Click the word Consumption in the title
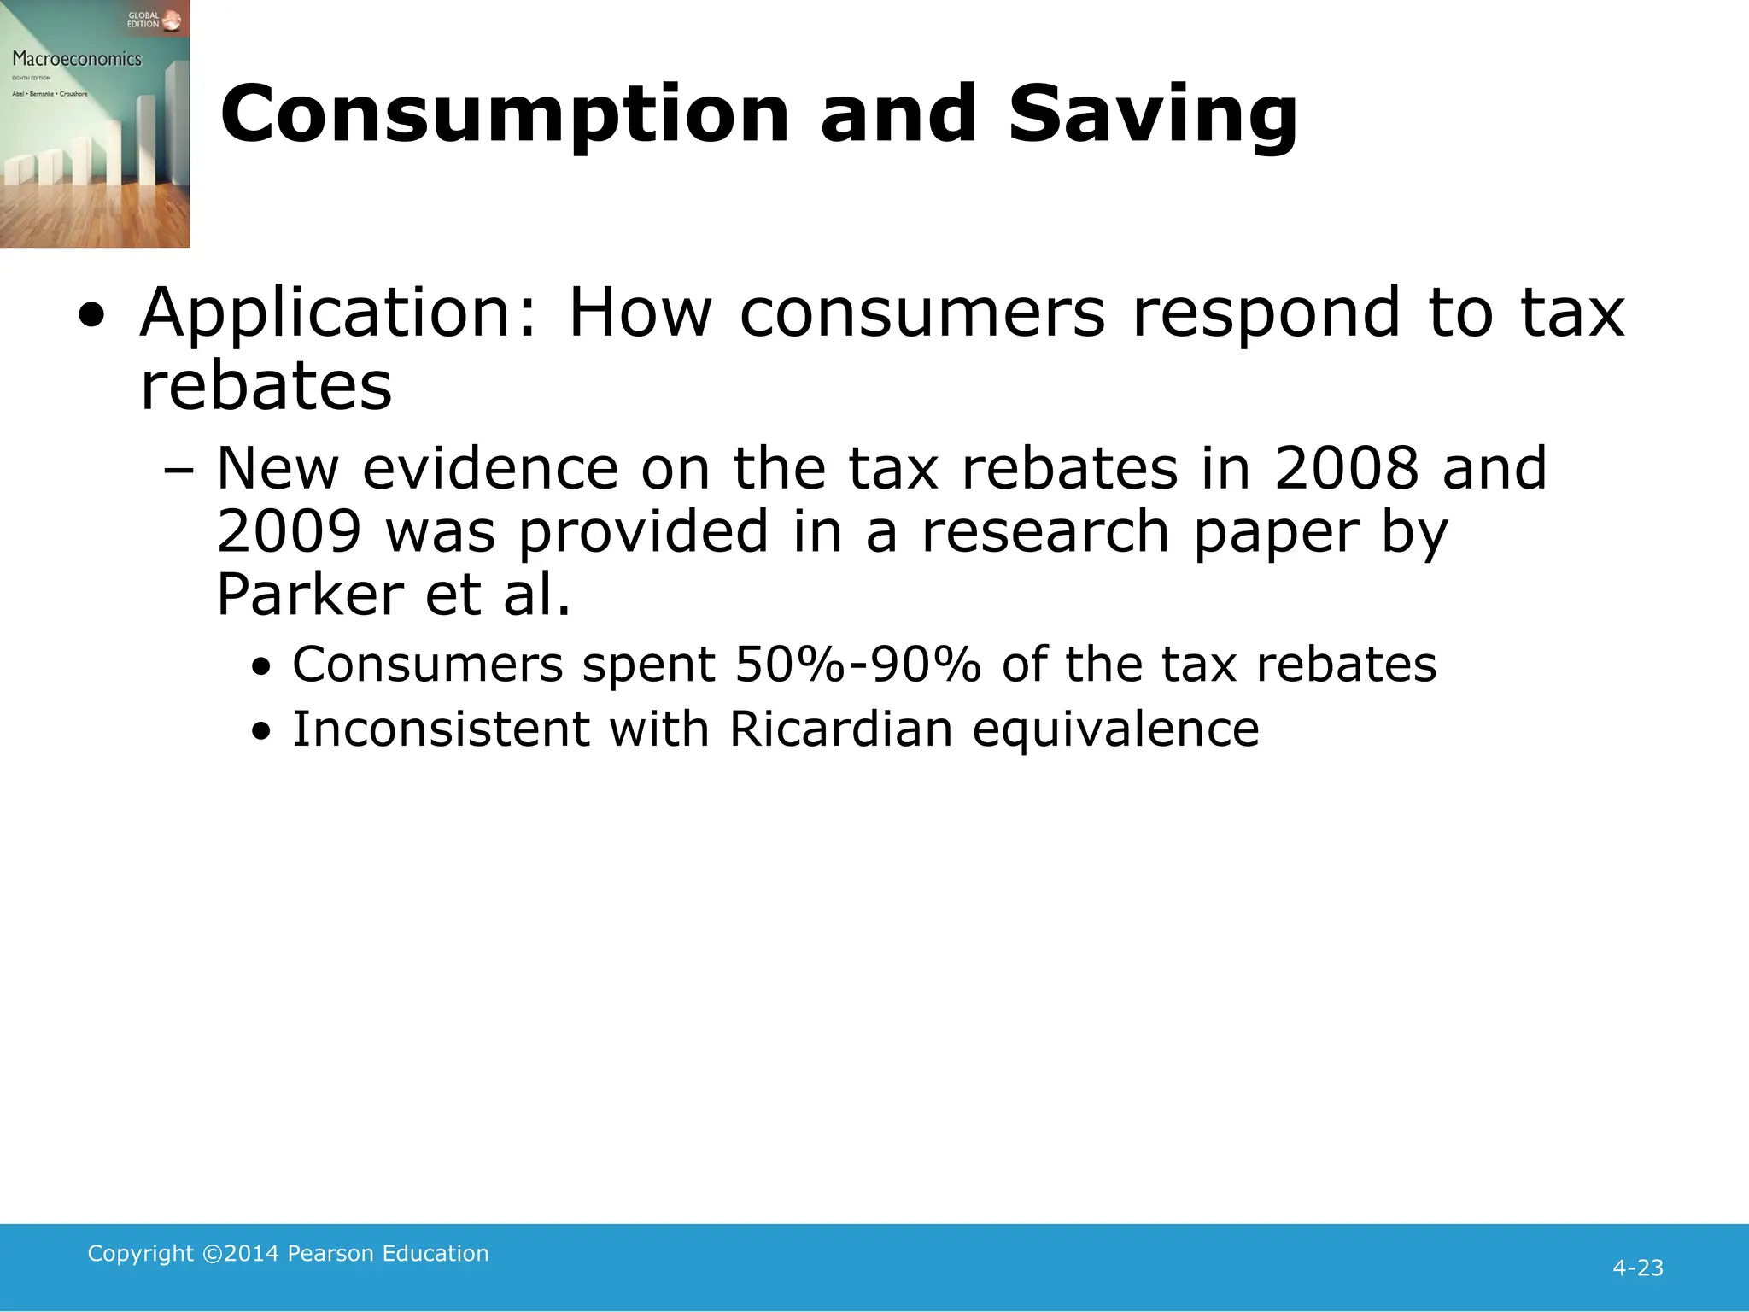(505, 116)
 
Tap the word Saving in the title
(1152, 116)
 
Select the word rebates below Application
(266, 386)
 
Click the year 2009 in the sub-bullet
(290, 531)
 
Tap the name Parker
(309, 594)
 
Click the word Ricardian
(840, 729)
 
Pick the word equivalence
(1115, 731)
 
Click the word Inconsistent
(441, 729)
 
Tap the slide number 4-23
(1637, 1268)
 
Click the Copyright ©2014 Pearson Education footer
(288, 1253)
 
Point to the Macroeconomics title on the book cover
(77, 59)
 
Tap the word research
(1045, 531)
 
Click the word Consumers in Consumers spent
(427, 665)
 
